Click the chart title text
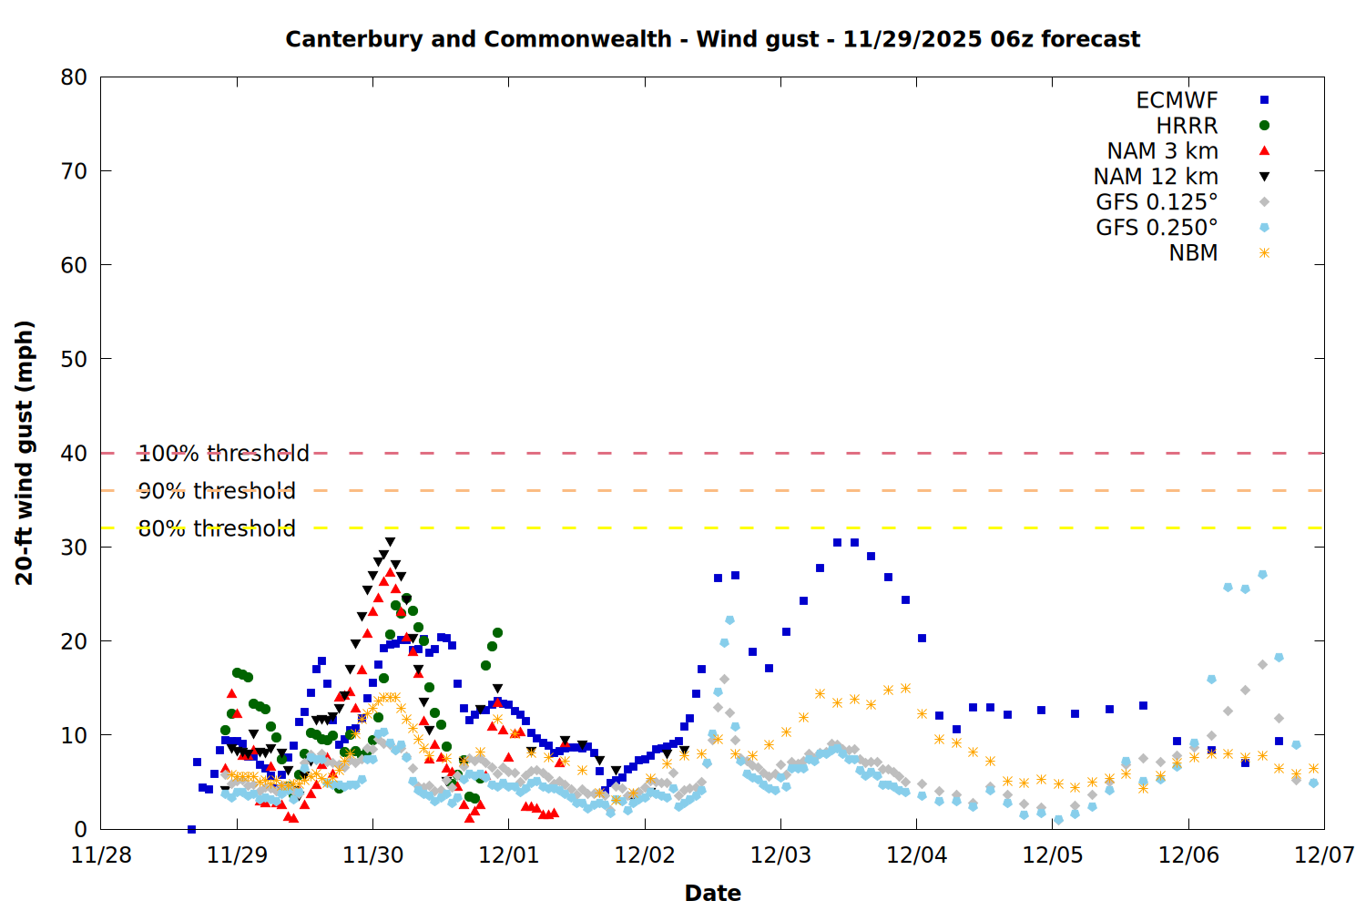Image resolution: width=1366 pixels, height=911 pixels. point(712,39)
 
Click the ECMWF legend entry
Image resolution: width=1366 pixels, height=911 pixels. point(1177,100)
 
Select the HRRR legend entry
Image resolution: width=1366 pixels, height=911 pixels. point(1187,126)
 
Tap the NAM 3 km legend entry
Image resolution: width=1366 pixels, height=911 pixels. point(1162,151)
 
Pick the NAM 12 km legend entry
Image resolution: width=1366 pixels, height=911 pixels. point(1156,177)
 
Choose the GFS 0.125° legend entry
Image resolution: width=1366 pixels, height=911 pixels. point(1157,202)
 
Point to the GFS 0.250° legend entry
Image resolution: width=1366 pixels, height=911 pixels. point(1157,228)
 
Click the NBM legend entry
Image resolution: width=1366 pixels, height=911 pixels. point(1193,253)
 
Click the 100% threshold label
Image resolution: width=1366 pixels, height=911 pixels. point(223,453)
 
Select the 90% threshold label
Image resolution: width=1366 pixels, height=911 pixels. point(217,491)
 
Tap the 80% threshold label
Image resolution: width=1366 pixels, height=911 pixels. point(217,528)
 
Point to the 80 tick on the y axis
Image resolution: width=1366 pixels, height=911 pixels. point(74,77)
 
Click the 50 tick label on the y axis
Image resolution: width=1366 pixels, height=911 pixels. point(74,359)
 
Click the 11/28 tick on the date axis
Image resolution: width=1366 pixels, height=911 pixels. point(101,855)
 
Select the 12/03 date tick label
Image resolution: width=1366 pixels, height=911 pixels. point(780,855)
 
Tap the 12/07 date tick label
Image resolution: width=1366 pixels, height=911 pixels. point(1324,855)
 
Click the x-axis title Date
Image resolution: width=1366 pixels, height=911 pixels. point(712,893)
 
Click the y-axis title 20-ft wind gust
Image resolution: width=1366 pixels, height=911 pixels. point(25,453)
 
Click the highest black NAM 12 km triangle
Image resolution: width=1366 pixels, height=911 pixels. point(390,542)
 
